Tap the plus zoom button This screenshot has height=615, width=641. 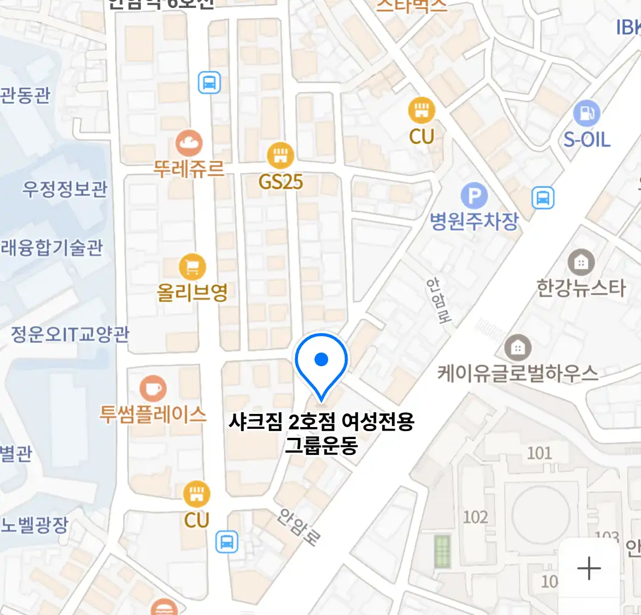(589, 568)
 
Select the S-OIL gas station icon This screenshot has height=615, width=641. (586, 113)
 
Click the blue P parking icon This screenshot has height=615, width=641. (474, 197)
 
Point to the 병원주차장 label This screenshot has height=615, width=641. (474, 221)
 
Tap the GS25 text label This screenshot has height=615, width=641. (280, 182)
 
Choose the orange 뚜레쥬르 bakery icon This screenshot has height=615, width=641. (189, 143)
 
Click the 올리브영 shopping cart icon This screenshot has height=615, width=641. (193, 266)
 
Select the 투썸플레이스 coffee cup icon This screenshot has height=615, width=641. (153, 389)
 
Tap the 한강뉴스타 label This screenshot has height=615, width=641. (581, 288)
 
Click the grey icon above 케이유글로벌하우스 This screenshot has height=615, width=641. (517, 347)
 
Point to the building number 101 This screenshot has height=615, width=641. (539, 453)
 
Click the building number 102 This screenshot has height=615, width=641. (475, 517)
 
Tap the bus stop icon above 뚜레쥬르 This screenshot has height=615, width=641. (209, 83)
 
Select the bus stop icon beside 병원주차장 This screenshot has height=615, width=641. (543, 198)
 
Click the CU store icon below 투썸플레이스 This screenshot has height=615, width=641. (197, 494)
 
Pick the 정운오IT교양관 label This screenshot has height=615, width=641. (70, 334)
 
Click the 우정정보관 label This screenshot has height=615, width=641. (64, 189)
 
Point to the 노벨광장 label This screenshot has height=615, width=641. (34, 524)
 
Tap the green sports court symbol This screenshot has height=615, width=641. (442, 551)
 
